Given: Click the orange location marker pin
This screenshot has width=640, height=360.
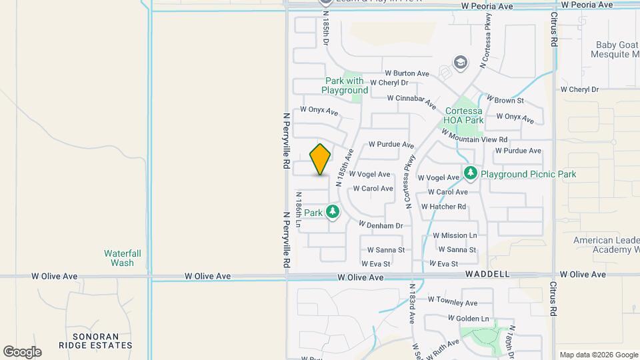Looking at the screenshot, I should coord(321,159).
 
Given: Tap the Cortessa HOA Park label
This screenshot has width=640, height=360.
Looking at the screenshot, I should coord(464,116).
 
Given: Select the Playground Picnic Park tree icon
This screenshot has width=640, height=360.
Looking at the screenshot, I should coord(471,173).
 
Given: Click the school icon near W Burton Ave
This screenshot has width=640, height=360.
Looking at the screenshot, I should coord(460,63).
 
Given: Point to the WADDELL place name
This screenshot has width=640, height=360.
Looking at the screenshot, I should coord(488,274).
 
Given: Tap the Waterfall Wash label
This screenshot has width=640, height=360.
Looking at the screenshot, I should coord(119,258).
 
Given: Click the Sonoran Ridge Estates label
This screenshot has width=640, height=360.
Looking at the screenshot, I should coord(95,341).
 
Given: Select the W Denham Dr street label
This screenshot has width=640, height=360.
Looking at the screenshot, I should coord(381,225).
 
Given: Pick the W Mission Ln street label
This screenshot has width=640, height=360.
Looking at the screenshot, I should coord(455,235).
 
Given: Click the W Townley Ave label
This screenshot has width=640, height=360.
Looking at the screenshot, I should coord(453,302).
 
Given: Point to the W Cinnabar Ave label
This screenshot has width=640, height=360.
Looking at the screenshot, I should coord(413,101).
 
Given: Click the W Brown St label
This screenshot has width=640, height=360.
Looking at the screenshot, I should coord(505,100).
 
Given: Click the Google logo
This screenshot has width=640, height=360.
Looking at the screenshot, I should coord(22,352).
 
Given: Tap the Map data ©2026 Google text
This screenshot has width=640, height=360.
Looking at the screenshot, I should coord(598,355).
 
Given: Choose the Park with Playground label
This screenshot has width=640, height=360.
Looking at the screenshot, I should coord(345,85).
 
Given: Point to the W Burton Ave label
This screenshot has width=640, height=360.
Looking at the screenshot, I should coord(407,73).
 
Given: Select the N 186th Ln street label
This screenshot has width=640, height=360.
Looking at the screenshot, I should coord(299,209).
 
